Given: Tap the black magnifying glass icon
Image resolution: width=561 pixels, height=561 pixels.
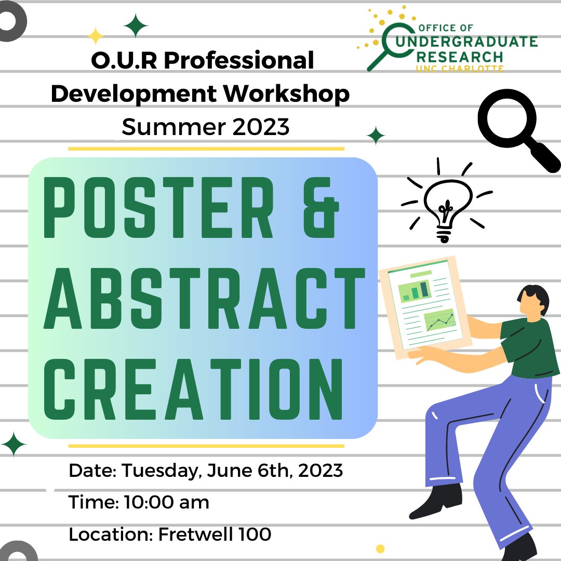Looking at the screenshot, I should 514,130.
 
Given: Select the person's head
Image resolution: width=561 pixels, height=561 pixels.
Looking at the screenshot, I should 534,301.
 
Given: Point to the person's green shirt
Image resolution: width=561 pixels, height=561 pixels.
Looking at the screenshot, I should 530,348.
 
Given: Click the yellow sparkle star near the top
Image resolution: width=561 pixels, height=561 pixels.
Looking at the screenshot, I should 96,36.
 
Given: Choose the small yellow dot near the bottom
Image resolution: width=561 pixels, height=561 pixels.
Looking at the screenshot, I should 380,548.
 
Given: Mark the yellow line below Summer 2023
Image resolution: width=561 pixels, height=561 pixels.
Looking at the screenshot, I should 206,149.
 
